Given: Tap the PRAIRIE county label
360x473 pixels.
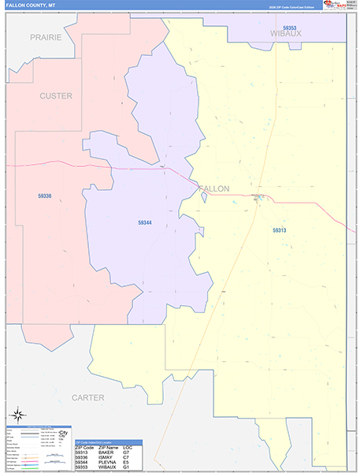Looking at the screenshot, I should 46,37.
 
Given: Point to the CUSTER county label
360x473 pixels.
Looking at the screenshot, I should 56,96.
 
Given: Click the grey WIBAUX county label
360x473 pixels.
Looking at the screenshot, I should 286,35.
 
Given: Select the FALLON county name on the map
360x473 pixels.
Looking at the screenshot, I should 213,189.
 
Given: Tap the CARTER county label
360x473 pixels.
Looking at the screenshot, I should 88,398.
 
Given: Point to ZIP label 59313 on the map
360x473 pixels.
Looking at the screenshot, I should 280,230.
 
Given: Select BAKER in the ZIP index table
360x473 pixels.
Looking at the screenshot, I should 105,452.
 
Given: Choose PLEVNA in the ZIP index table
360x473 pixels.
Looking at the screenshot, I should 106,463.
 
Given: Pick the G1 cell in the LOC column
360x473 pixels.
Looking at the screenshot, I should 127,468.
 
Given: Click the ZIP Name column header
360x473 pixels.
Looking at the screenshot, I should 106,447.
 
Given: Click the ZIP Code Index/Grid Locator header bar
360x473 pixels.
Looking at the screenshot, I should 108,441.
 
